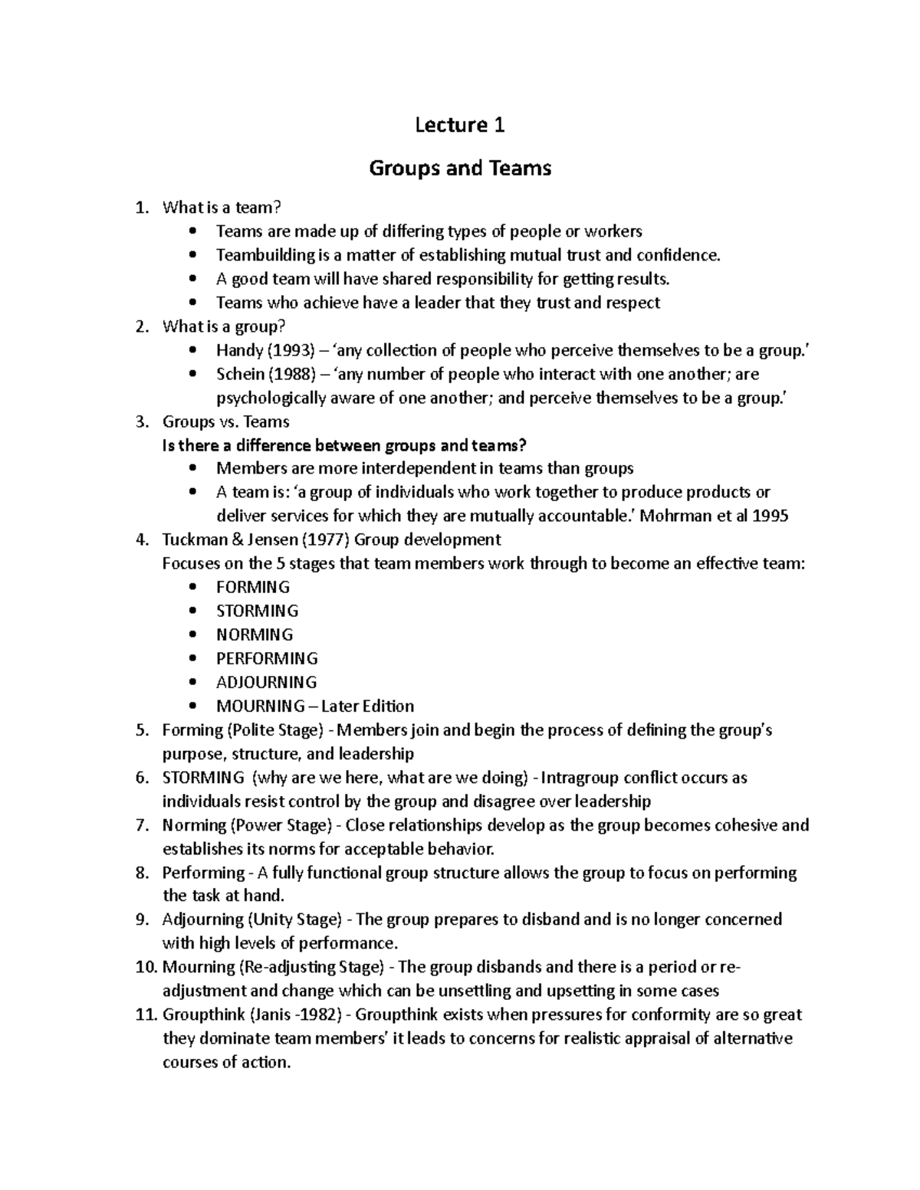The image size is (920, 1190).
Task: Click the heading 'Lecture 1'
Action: coord(459,125)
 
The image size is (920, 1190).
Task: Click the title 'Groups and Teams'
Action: coord(460,168)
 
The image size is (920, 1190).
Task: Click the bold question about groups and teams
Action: coord(345,445)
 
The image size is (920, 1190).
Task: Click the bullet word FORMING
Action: coord(253,587)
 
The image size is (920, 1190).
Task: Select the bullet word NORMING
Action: coord(255,634)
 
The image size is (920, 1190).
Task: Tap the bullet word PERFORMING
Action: coord(267,658)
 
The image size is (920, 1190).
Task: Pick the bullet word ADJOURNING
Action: coord(266,682)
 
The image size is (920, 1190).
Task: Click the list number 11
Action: coord(146,1015)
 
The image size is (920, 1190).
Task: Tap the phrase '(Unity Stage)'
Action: coord(296,920)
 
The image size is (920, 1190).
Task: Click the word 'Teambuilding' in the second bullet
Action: coord(265,255)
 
